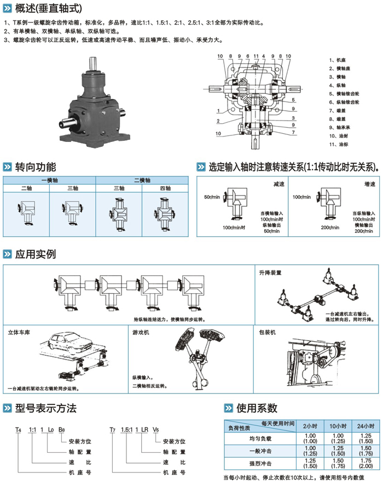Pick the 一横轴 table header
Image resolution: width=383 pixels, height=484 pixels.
(x=49, y=180)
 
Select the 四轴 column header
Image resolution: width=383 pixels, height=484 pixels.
(x=165, y=188)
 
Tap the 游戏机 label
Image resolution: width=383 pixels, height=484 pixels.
(x=140, y=332)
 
